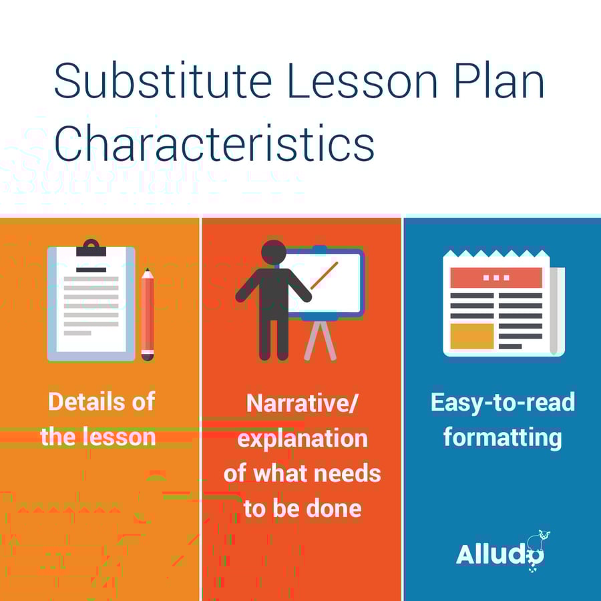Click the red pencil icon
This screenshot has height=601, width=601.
[147, 314]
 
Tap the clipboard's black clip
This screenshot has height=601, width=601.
[91, 248]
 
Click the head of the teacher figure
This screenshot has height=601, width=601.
[274, 252]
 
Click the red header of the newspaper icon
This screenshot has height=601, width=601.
[495, 277]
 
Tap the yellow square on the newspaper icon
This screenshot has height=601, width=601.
[471, 336]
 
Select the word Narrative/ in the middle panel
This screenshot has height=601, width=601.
[302, 403]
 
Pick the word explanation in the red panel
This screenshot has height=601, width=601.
[302, 439]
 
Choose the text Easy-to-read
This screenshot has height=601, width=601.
[502, 402]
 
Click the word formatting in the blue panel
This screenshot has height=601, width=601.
[502, 437]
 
